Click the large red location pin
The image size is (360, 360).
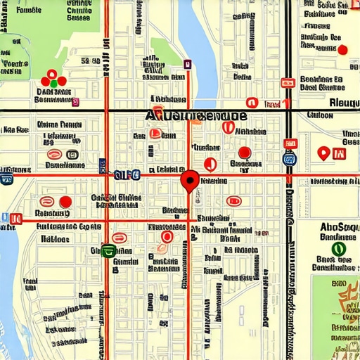[x=189, y=180]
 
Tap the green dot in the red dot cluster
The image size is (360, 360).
[x=53, y=83]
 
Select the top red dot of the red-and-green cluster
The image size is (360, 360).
[x=52, y=73]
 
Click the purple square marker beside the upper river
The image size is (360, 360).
[x=187, y=64]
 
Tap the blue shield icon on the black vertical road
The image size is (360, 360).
[x=289, y=159]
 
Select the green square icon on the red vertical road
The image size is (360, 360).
[x=106, y=250]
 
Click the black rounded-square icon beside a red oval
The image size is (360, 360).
[x=72, y=155]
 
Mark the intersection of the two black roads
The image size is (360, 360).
[x=288, y=110]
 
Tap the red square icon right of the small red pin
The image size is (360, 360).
[x=340, y=153]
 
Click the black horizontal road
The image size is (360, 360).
[x=70, y=110]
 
